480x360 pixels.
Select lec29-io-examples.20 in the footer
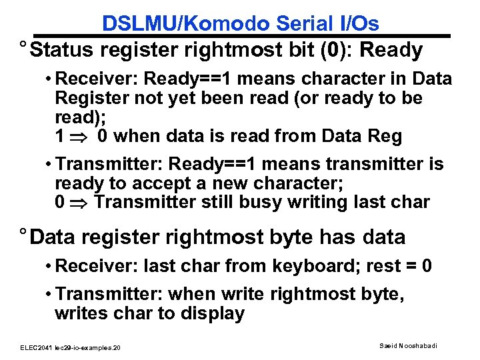(x=89, y=348)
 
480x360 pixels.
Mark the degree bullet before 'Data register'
(x=23, y=234)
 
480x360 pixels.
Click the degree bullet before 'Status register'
(x=23, y=47)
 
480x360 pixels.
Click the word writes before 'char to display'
(x=79, y=313)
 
